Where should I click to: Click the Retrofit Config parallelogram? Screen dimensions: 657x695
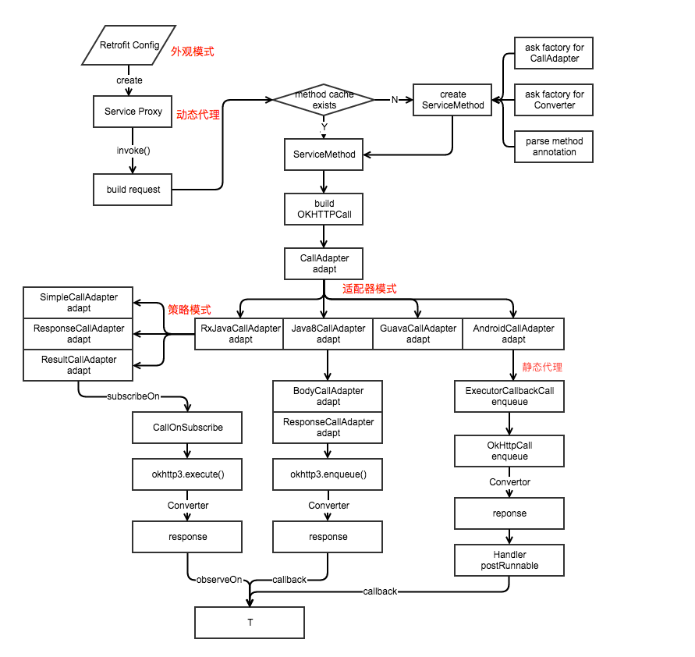(129, 45)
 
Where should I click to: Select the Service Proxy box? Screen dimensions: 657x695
(133, 112)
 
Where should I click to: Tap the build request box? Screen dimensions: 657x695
(133, 190)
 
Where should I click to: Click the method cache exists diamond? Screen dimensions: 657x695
(324, 100)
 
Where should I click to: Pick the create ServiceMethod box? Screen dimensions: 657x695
(452, 100)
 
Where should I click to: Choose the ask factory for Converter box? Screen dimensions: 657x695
(554, 100)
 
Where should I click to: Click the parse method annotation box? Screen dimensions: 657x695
(554, 147)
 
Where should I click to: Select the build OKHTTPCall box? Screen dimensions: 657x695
(324, 209)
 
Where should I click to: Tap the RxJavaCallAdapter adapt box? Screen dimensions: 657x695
(239, 334)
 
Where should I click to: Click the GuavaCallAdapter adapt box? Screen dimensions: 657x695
(418, 334)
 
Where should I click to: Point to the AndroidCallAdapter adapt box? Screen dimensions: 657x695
(513, 334)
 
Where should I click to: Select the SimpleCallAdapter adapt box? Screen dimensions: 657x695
(79, 303)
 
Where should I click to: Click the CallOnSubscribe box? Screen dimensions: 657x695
(187, 428)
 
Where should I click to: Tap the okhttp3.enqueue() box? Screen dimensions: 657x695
(328, 474)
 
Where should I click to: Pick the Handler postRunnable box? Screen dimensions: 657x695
(509, 560)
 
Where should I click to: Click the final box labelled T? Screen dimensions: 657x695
(250, 623)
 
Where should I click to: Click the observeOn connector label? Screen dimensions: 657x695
(219, 580)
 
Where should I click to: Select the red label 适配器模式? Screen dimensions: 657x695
(369, 289)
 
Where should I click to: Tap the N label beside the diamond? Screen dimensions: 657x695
(394, 100)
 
